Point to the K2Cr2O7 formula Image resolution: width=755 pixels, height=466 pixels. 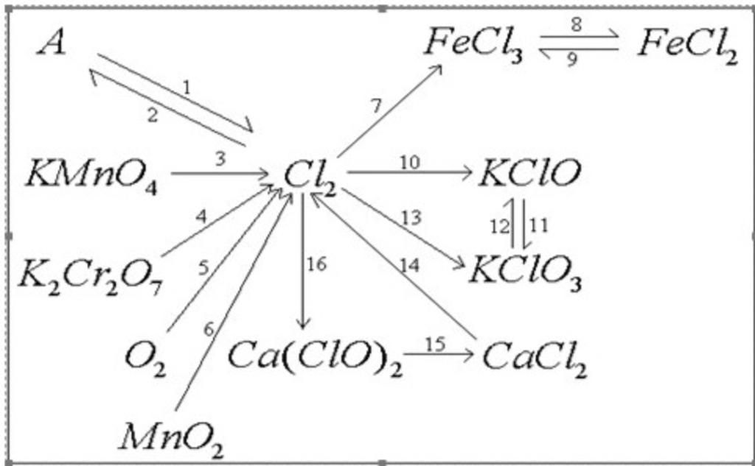click(x=91, y=278)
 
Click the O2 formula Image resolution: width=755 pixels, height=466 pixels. click(x=145, y=360)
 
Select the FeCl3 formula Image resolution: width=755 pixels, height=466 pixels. click(x=473, y=45)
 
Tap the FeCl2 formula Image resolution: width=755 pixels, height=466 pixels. click(x=688, y=46)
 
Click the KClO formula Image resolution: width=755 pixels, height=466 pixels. click(x=530, y=174)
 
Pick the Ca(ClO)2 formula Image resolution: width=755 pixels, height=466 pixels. click(x=315, y=357)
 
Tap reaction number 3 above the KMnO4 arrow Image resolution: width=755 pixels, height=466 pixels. click(x=220, y=159)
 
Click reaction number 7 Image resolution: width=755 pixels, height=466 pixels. click(x=376, y=106)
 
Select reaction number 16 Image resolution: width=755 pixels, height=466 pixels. click(x=316, y=264)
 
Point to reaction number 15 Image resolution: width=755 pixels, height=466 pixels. click(x=435, y=345)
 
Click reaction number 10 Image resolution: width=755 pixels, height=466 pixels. click(x=410, y=163)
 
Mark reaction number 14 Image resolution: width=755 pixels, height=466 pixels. click(x=410, y=265)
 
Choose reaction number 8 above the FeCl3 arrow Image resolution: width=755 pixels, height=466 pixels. click(x=576, y=24)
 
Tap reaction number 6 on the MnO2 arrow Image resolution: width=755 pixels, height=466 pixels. click(x=209, y=330)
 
